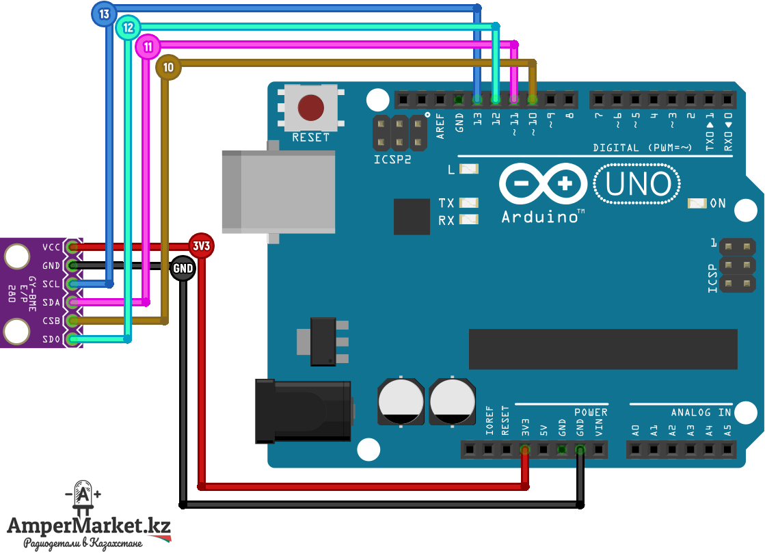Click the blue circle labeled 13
click(x=104, y=14)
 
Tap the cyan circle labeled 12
click(x=128, y=28)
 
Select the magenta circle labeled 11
click(x=148, y=46)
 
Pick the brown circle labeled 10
click(x=168, y=67)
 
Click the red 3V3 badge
click(x=201, y=245)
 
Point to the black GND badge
click(x=183, y=268)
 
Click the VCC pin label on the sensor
click(x=51, y=248)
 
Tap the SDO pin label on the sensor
click(x=51, y=339)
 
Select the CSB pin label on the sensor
click(x=51, y=321)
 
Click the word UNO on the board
click(x=638, y=185)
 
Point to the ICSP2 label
click(x=392, y=159)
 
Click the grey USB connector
click(x=278, y=191)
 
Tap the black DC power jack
click(x=303, y=411)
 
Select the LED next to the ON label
click(x=697, y=203)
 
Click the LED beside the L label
click(x=469, y=169)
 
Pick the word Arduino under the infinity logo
click(x=540, y=217)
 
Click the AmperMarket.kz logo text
click(x=89, y=526)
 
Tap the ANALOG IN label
click(x=701, y=413)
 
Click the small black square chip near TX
click(x=412, y=217)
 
